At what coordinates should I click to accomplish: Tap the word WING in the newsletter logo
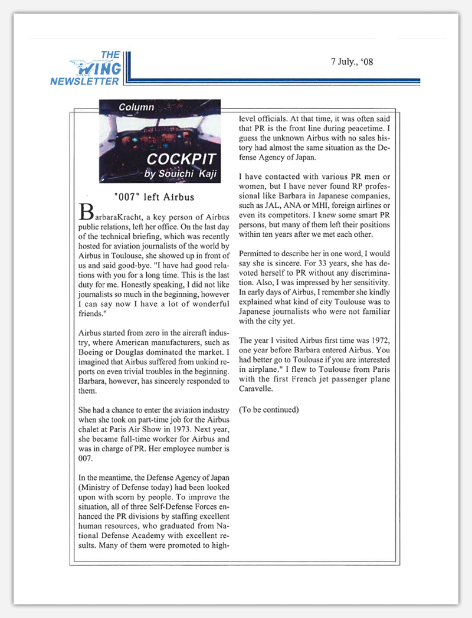click(x=99, y=68)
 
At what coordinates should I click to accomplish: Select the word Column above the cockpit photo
click(x=136, y=107)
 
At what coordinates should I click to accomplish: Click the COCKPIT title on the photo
click(x=181, y=159)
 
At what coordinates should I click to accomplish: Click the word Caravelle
click(x=257, y=390)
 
